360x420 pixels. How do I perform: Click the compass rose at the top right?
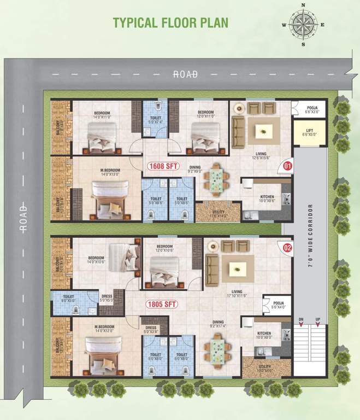point(303,25)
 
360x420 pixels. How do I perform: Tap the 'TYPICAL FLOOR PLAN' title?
point(170,22)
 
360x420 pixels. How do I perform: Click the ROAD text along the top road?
point(185,74)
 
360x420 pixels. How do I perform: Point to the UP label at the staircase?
point(317,319)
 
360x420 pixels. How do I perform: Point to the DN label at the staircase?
point(300,319)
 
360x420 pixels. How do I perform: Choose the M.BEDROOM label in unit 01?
point(110,172)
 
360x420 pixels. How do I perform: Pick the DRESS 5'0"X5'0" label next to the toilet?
point(107,298)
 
